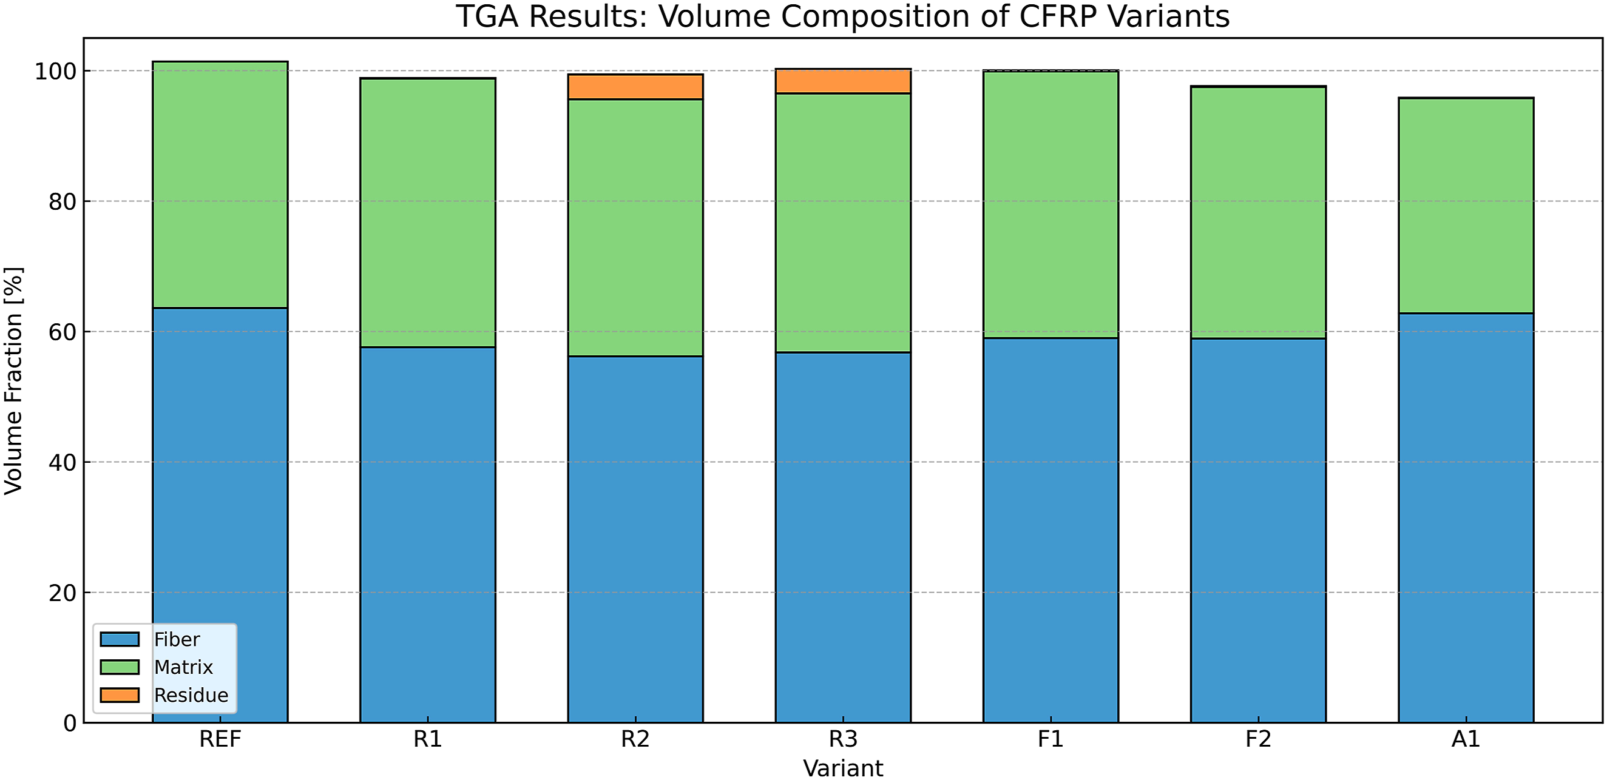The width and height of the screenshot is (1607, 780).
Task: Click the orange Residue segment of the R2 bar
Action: click(635, 87)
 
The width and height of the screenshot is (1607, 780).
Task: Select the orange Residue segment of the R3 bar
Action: click(843, 81)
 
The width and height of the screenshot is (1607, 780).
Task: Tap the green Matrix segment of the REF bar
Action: click(220, 184)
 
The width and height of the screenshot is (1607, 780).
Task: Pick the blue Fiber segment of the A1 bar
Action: click(1466, 517)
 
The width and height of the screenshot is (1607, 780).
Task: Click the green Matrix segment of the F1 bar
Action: click(1050, 204)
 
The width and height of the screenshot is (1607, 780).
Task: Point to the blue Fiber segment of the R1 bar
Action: click(428, 534)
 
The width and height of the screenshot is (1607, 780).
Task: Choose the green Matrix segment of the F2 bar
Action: click(1258, 213)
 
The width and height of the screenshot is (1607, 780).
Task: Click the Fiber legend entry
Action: click(150, 639)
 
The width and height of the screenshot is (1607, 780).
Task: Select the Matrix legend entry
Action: click(157, 667)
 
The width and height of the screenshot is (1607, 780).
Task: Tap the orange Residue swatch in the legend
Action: click(120, 695)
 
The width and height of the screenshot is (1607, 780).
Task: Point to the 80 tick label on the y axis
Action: click(63, 201)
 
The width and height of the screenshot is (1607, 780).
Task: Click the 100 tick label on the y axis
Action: click(55, 71)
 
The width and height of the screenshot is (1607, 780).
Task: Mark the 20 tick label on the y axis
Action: click(63, 593)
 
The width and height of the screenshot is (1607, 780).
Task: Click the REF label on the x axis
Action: click(220, 739)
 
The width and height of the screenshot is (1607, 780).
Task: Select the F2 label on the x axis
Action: click(1258, 739)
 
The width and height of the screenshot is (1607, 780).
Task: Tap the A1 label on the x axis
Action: click(1466, 739)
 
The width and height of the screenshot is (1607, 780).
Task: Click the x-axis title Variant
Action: click(843, 768)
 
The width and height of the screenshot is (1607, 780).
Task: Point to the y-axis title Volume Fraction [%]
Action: click(13, 380)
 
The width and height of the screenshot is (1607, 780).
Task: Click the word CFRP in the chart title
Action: click(1058, 16)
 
